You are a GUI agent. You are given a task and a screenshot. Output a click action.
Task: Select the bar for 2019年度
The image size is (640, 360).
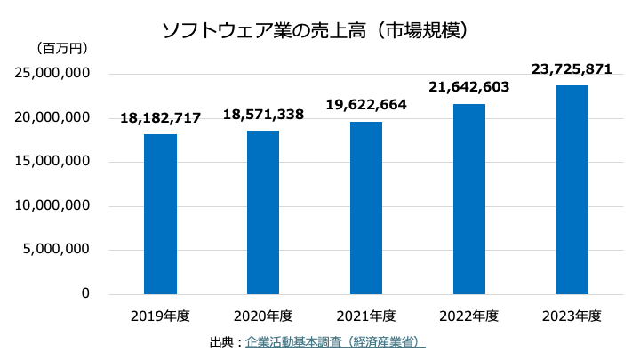[x=160, y=213]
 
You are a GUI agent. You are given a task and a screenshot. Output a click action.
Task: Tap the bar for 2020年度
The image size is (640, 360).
[x=263, y=212]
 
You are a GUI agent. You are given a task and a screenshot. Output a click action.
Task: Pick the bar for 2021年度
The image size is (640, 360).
[x=366, y=207]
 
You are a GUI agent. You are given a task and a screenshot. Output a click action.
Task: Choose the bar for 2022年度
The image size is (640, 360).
[x=469, y=198]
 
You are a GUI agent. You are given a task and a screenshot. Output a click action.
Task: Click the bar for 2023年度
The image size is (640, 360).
[x=572, y=189]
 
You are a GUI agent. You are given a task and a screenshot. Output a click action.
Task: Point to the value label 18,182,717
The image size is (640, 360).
[x=160, y=117]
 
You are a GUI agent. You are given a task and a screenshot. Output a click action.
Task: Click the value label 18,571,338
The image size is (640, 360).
[x=263, y=114]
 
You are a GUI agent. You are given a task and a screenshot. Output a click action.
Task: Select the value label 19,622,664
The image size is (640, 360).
[x=366, y=105]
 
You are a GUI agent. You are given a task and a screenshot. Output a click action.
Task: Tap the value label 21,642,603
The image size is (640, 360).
[x=469, y=87]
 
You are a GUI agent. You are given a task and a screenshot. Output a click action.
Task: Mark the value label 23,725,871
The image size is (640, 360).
[x=572, y=68]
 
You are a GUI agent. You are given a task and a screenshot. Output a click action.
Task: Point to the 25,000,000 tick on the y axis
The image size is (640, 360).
[x=52, y=74]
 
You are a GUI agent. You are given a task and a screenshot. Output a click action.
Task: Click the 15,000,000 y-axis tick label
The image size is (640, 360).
[x=52, y=162]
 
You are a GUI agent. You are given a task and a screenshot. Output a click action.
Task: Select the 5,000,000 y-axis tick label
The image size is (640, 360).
[x=56, y=250]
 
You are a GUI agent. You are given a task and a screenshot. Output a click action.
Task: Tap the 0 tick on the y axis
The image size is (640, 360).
[x=85, y=293]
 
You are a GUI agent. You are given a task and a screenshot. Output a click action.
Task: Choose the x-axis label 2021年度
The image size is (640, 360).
[x=366, y=316]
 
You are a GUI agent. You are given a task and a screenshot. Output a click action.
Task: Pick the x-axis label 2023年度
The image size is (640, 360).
[x=572, y=316]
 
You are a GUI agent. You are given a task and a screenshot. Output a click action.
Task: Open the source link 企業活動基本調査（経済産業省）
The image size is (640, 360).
[x=335, y=341]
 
